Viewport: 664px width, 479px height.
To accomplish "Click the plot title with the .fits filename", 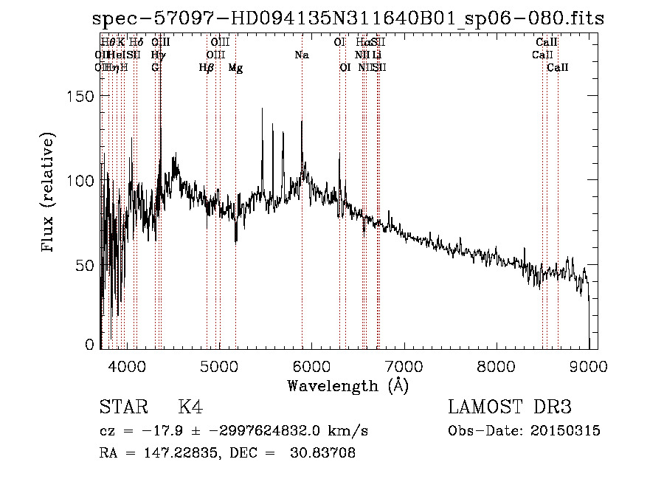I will coord(348,18).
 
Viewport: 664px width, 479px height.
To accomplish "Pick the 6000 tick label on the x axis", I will coord(311,365).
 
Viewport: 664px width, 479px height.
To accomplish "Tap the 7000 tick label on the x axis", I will coord(404,365).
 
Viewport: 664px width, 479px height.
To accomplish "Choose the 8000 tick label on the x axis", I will coord(496,365).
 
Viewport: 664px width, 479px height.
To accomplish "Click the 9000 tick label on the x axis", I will coord(588,365).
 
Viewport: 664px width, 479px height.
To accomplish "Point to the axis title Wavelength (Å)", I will coord(347,385).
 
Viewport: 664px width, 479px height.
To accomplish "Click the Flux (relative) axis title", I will coord(49,193).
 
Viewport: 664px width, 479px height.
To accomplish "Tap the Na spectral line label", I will coord(301,55).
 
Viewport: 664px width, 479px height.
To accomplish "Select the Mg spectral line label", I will coord(235,68).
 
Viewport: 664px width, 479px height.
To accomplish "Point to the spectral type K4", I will coord(190,407).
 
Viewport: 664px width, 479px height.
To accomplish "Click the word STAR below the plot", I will coord(122,407).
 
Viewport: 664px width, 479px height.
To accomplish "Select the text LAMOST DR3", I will coord(510,407).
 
